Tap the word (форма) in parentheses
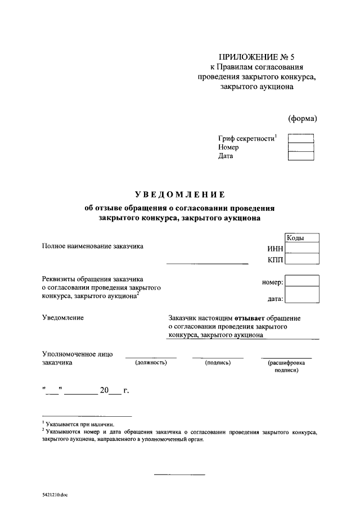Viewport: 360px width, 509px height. click(x=302, y=118)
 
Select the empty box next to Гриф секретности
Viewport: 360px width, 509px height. click(x=300, y=138)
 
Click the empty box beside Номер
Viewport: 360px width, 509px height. click(x=300, y=147)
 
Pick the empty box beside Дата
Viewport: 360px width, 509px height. click(x=300, y=156)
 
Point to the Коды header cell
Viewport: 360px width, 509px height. click(x=302, y=238)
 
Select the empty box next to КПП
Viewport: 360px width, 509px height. click(x=302, y=259)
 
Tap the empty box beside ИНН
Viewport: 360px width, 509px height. click(x=302, y=249)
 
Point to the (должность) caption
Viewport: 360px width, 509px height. click(x=150, y=363)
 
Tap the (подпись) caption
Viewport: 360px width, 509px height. click(x=218, y=363)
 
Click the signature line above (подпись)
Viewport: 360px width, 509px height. click(x=218, y=358)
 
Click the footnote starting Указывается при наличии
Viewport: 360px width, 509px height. click(x=79, y=424)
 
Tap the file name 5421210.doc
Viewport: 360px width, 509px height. click(x=54, y=496)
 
